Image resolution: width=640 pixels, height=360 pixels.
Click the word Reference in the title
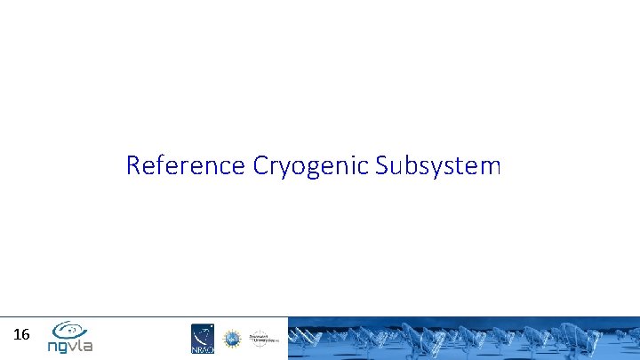(187, 165)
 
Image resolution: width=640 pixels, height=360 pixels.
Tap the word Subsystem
(438, 165)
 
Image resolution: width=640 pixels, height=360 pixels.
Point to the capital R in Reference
(133, 165)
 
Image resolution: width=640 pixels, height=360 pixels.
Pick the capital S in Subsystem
(382, 165)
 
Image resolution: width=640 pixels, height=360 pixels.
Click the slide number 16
(22, 335)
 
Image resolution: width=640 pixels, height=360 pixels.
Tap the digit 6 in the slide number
(27, 335)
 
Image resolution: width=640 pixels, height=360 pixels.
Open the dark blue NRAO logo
(203, 339)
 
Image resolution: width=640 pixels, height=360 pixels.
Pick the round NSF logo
(231, 339)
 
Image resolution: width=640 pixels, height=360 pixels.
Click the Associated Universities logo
(262, 338)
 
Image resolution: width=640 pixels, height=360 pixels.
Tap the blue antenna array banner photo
(462, 339)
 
